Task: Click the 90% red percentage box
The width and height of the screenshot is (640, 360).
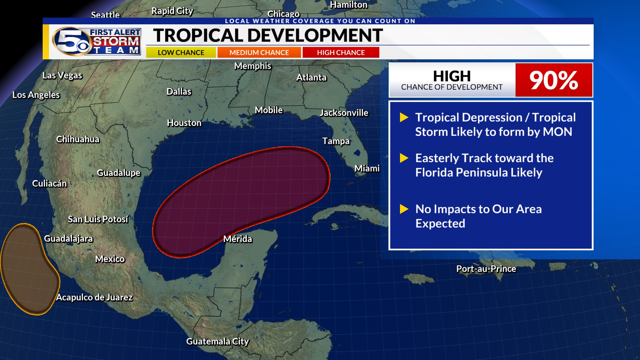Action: coord(554,80)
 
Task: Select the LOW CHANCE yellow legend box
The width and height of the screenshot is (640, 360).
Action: coord(181,53)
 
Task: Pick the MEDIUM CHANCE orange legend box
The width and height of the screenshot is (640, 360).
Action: coord(259,53)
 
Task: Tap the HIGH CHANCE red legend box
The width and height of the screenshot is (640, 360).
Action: coord(341,53)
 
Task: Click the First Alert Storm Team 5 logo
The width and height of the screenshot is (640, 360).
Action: coord(97,41)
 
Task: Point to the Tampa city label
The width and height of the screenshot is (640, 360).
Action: coord(336,141)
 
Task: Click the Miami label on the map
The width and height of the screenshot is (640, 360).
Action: coord(367,169)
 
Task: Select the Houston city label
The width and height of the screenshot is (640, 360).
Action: coord(184,123)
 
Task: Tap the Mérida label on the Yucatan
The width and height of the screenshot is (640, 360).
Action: coord(237,239)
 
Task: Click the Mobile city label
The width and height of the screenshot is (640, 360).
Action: coord(268,110)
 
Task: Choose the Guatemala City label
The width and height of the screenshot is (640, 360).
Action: coord(217,341)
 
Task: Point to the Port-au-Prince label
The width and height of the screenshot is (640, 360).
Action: coord(486,269)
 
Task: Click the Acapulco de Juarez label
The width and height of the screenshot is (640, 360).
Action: coord(94,297)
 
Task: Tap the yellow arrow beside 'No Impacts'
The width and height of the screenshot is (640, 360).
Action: coord(404,209)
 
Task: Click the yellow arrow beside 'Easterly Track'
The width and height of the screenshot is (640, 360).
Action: coord(404,158)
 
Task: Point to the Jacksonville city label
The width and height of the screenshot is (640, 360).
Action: coord(344,113)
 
